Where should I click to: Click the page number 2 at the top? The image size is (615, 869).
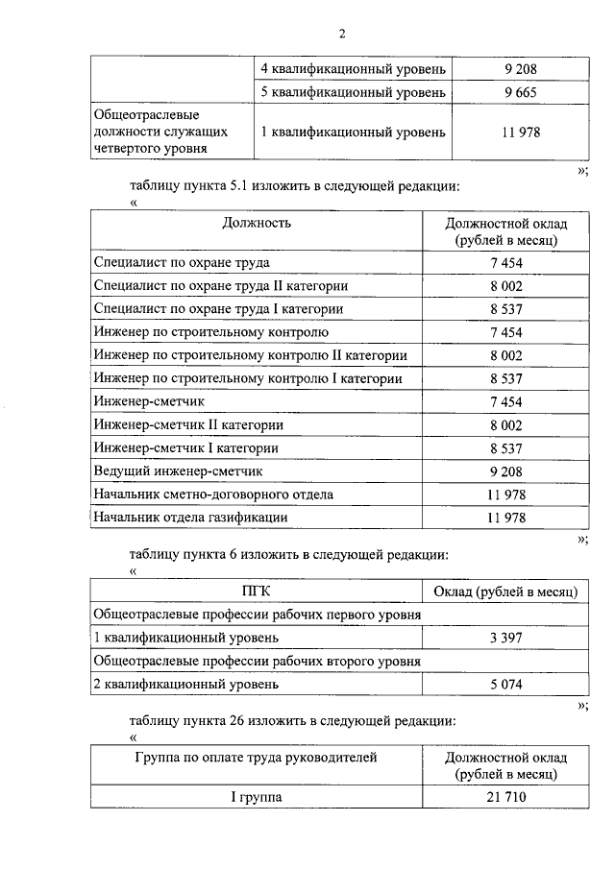(x=341, y=36)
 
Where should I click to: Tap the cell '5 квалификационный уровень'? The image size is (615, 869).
(x=353, y=92)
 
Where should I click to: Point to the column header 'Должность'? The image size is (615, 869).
(x=257, y=223)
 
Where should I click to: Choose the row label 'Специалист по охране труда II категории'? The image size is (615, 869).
(x=220, y=285)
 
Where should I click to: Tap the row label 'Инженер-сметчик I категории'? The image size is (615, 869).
(x=186, y=447)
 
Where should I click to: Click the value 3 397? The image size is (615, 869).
(x=505, y=638)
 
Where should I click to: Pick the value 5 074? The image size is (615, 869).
(x=505, y=684)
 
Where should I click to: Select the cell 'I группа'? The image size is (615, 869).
(x=257, y=797)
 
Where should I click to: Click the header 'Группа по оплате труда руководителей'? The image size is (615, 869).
(x=257, y=758)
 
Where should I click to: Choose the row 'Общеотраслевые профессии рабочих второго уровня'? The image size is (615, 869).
(x=257, y=661)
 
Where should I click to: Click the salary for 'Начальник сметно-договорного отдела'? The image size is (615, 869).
(x=505, y=495)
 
